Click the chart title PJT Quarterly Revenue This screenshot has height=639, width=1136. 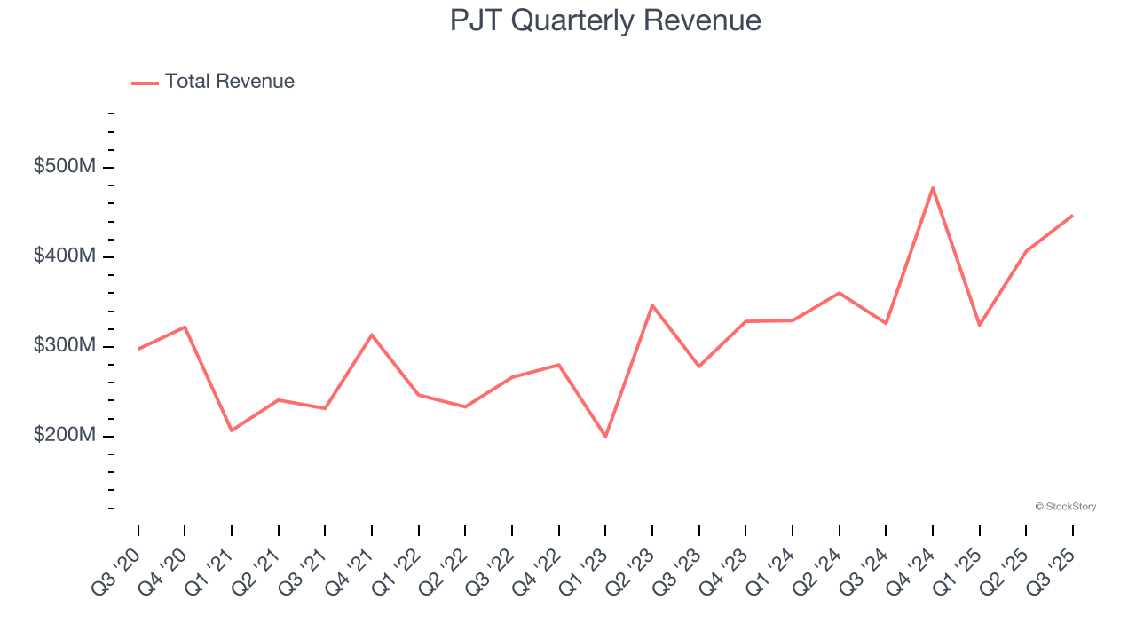point(605,20)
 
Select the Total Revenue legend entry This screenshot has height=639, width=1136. point(213,82)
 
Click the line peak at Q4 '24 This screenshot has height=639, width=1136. point(933,187)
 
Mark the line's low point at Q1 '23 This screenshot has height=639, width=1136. point(605,437)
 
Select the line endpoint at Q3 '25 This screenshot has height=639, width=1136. point(1073,216)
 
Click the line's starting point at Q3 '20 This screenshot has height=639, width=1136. point(138,349)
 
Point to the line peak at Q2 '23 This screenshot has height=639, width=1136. point(652,305)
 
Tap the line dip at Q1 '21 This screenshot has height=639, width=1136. point(232,430)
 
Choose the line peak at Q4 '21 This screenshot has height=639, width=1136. point(372,335)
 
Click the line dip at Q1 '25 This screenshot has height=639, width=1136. point(979,325)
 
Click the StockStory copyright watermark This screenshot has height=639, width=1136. point(1065,507)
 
